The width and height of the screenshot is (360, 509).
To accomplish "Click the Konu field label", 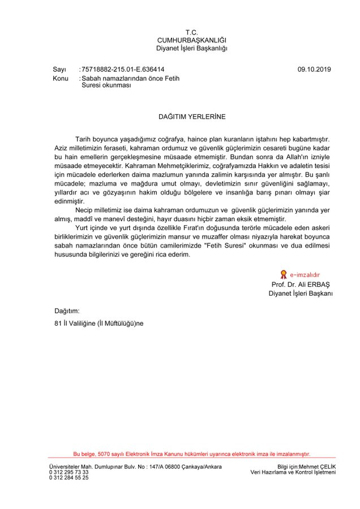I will (61, 78).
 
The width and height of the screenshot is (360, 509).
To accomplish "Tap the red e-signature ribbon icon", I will (276, 275).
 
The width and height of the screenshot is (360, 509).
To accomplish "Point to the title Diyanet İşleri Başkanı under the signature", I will (301, 294).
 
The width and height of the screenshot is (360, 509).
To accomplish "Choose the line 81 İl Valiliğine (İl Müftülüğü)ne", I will (96, 323).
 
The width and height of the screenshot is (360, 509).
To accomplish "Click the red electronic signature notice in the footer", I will (192, 454).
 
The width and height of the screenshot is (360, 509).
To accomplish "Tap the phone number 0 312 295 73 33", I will (69, 472).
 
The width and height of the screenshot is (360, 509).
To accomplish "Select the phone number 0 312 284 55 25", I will (69, 478).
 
